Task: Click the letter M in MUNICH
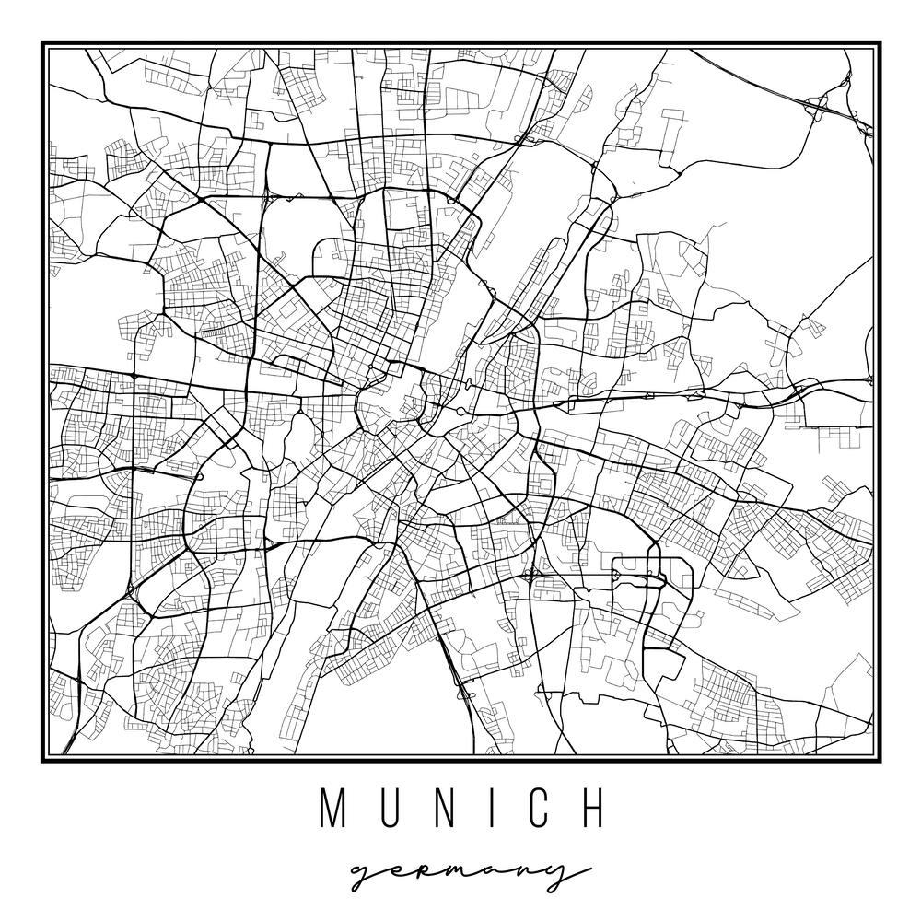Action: click(x=333, y=808)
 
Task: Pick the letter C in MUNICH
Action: click(x=531, y=808)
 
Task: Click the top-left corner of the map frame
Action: click(x=42, y=43)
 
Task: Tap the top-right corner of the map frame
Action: click(x=878, y=43)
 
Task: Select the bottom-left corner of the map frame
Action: click(x=42, y=761)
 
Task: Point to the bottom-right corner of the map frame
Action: click(x=878, y=761)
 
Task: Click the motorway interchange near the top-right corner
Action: click(x=817, y=106)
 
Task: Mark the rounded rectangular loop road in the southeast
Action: click(x=652, y=577)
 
